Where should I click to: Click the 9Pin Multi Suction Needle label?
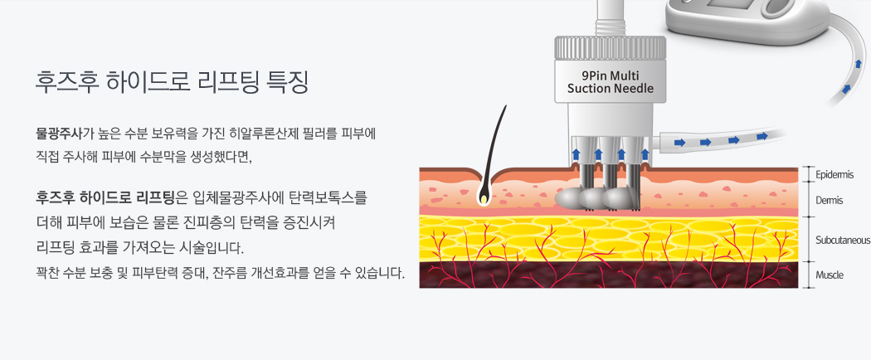click(x=610, y=81)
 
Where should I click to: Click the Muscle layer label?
click(x=830, y=275)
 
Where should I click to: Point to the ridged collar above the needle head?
click(x=610, y=46)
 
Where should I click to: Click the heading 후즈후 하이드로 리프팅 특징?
click(x=172, y=83)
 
